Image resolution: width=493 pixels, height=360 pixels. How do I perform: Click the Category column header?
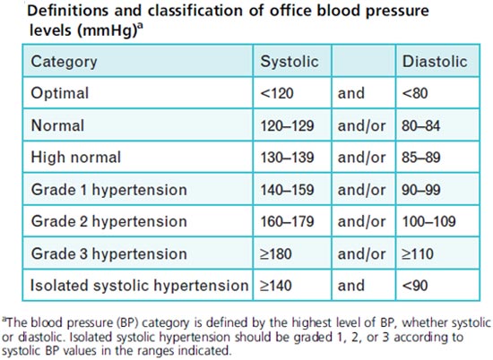64,62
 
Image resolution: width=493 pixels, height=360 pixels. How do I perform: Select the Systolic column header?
290,62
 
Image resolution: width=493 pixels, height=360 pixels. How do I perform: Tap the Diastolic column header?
435,61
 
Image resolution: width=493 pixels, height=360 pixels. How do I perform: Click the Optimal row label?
60,93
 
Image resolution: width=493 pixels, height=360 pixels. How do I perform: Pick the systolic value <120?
277,93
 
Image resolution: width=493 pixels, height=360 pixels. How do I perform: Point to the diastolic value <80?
415,93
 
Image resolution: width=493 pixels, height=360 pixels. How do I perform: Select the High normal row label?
76,158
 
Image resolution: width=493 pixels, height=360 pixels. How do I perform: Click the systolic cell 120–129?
287,125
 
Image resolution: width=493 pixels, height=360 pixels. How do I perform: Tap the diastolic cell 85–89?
421,158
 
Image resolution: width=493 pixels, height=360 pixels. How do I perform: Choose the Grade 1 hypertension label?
109,190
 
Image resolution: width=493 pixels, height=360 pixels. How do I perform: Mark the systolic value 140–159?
287,190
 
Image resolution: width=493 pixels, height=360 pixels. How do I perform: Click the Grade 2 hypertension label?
109,221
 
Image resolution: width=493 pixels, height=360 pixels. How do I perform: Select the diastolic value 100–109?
428,221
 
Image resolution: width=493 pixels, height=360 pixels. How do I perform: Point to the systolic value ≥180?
276,253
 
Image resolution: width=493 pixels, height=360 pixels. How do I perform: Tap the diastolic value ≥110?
418,253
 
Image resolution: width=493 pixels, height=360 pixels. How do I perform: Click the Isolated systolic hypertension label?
139,286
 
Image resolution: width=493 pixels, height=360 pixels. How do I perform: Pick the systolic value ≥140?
276,286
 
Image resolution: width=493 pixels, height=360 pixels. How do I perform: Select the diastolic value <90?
415,286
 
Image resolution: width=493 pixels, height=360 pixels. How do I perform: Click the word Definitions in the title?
68,11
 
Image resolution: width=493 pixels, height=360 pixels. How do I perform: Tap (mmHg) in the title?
107,30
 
